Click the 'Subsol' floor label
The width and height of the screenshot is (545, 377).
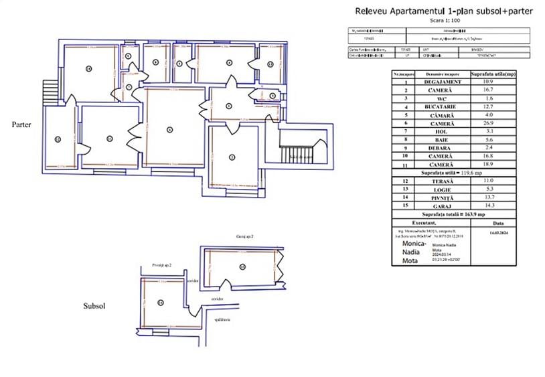click(x=94, y=305)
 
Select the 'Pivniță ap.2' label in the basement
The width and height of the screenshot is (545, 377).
click(x=162, y=266)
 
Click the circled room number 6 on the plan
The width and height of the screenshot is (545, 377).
click(x=169, y=129)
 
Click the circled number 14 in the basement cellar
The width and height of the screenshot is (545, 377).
click(x=161, y=302)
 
